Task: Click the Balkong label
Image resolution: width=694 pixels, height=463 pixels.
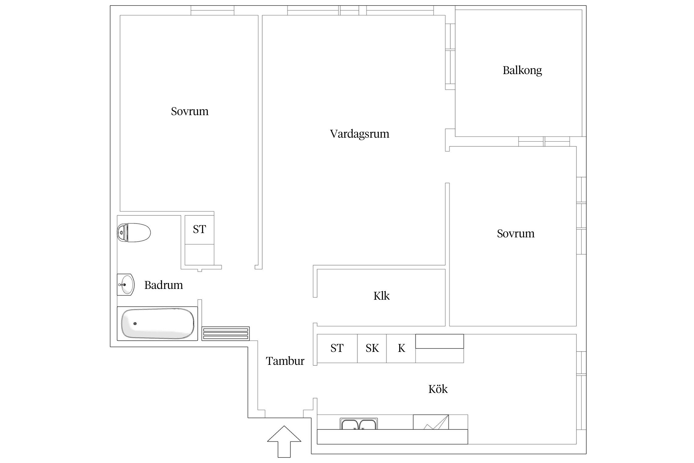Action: (522, 71)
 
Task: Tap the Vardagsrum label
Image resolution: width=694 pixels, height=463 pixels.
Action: (360, 134)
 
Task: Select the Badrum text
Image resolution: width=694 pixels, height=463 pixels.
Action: (163, 285)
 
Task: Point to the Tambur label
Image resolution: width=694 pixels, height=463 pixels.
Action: (285, 361)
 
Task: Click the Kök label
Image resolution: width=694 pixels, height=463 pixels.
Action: (438, 389)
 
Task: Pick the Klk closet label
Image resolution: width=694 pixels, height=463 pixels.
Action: (382, 296)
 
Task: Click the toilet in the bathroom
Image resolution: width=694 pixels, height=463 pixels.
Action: (134, 232)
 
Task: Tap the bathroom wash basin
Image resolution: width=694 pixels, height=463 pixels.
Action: (126, 285)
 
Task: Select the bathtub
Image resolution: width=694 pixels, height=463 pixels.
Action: (158, 323)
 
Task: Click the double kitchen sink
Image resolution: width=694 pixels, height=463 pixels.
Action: (359, 424)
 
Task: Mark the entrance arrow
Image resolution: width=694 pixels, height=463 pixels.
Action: (284, 442)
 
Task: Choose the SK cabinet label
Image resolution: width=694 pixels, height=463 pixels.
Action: (372, 348)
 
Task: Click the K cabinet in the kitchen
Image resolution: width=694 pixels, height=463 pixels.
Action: (401, 348)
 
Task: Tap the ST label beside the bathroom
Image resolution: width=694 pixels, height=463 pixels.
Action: (199, 229)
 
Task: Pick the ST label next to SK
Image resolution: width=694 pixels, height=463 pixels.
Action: (337, 348)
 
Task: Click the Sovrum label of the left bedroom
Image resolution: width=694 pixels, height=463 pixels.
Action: (190, 111)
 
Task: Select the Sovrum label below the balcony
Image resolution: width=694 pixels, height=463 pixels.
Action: (516, 234)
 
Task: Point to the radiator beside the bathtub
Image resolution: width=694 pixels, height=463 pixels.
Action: (226, 334)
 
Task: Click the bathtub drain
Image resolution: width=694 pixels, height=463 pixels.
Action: (135, 323)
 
